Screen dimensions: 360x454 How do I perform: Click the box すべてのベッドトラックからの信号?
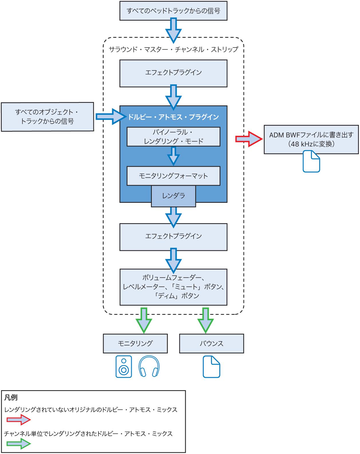point(173,11)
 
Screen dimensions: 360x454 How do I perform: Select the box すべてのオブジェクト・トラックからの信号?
point(48,117)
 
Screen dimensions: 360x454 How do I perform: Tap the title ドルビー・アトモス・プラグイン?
point(173,117)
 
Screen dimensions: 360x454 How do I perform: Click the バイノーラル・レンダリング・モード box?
point(173,137)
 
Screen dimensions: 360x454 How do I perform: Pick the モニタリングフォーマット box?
point(173,176)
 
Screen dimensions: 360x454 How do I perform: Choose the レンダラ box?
point(173,196)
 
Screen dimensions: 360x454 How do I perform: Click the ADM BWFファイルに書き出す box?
point(311,139)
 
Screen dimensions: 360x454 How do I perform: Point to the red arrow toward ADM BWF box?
point(249,139)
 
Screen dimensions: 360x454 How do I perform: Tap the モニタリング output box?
point(135,343)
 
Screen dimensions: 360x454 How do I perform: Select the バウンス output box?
point(211,343)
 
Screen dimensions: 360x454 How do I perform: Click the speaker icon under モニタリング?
point(124,366)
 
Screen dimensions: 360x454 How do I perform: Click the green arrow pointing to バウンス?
point(205,320)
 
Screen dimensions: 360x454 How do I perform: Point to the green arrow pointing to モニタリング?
point(144,320)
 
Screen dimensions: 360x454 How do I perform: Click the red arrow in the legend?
point(19,420)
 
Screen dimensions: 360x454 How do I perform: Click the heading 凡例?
point(11,398)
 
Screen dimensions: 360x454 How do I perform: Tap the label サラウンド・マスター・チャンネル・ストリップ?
point(173,49)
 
